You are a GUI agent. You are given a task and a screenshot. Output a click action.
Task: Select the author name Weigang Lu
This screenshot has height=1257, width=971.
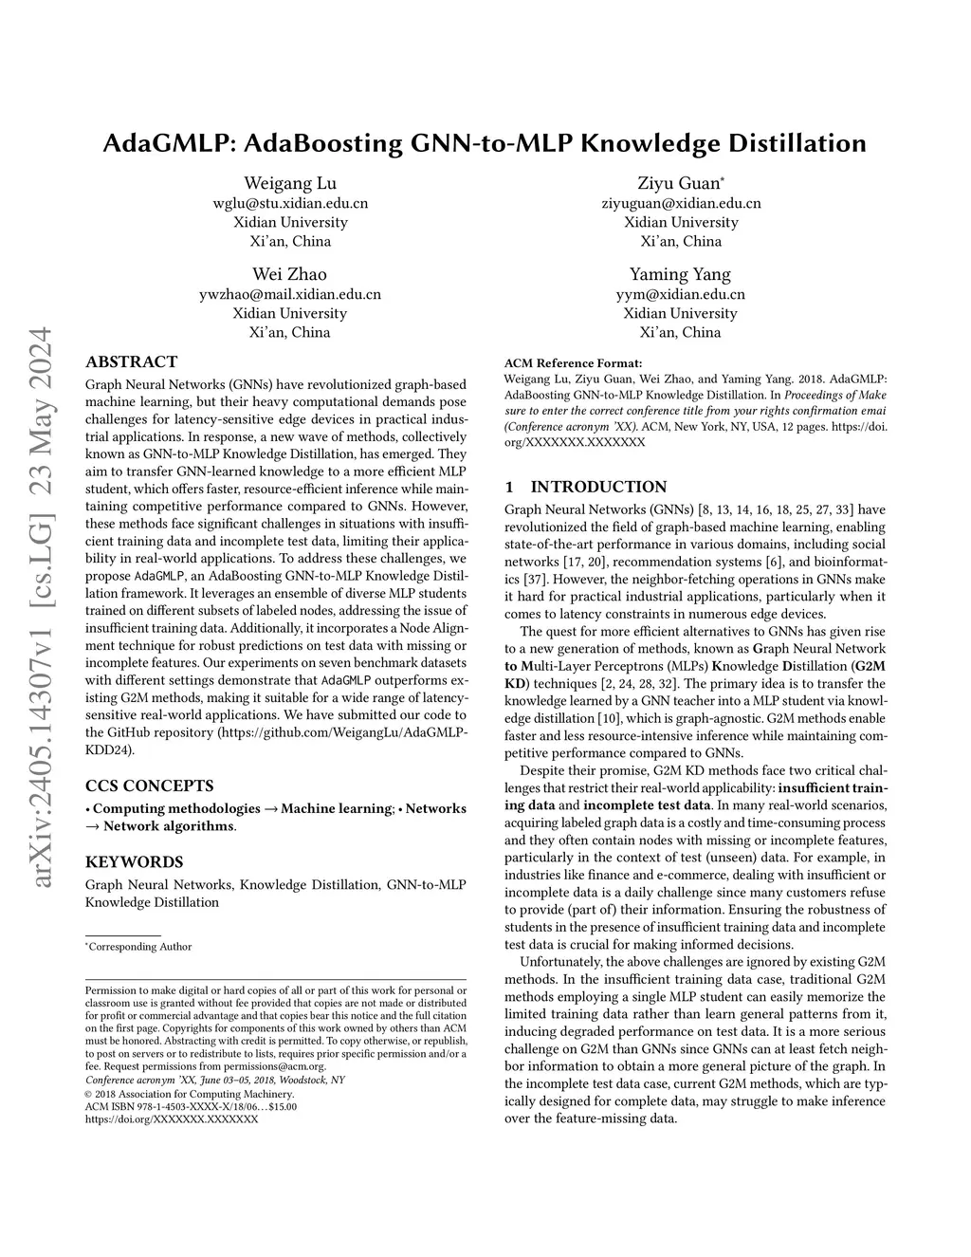(289, 183)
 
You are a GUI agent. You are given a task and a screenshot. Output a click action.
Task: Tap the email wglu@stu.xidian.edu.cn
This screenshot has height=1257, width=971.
(289, 203)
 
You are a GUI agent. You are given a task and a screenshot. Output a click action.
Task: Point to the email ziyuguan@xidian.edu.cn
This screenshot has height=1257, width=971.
(681, 203)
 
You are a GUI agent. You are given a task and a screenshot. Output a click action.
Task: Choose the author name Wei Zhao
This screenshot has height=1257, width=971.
(289, 274)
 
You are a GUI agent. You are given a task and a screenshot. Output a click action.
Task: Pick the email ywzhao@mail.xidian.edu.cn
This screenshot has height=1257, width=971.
(289, 294)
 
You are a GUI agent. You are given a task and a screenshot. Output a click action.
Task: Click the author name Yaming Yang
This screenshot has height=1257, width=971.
(681, 274)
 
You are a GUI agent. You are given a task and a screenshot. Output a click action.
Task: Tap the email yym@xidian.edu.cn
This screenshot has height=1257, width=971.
(681, 294)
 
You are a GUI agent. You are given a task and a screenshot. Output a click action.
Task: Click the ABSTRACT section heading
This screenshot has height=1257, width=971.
(131, 361)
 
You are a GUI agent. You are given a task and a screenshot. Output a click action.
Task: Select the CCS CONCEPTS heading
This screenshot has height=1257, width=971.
(149, 786)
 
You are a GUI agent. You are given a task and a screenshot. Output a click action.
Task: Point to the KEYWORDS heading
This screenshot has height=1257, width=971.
(135, 862)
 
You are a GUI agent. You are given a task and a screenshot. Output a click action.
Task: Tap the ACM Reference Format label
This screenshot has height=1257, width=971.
(573, 362)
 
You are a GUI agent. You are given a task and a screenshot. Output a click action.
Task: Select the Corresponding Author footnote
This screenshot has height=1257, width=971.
(140, 946)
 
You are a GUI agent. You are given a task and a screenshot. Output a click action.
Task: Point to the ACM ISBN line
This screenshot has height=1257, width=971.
(191, 1106)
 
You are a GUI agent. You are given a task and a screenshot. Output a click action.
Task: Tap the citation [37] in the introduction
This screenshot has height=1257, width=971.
(518, 579)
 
